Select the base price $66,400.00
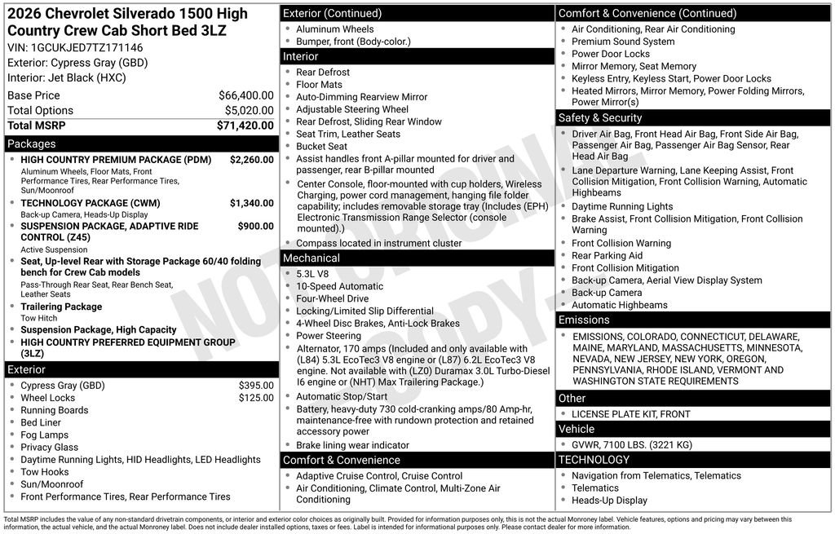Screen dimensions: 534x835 tap(245, 95)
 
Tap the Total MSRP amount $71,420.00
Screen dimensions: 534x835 tap(245, 126)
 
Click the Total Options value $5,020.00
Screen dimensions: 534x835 tap(249, 111)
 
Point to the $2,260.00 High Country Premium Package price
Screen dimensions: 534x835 tap(251, 160)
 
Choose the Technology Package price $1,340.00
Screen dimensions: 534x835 tap(251, 203)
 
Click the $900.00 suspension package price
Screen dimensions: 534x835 tap(255, 227)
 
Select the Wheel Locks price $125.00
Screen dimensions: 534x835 tap(256, 398)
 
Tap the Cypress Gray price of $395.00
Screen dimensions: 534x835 tap(256, 386)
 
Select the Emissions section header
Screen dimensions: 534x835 tap(584, 320)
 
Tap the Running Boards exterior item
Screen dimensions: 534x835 tap(54, 410)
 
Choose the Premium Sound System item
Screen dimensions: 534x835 tap(623, 42)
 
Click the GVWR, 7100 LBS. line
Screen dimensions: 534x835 tap(631, 445)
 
